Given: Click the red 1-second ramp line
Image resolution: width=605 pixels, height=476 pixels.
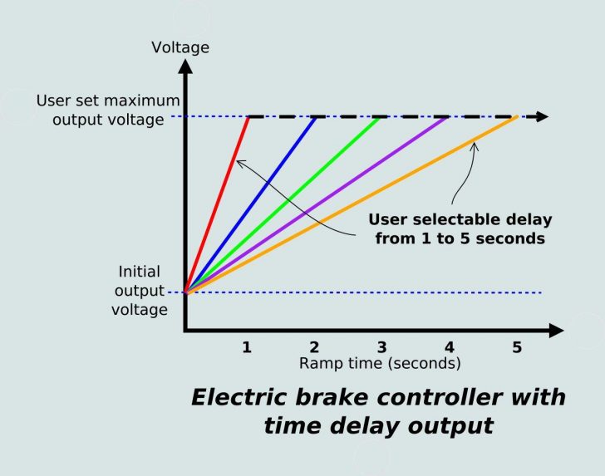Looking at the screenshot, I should [218, 204].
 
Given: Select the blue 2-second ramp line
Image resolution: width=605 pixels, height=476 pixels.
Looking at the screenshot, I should [250, 204].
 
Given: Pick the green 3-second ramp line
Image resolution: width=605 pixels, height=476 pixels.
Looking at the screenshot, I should [283, 204].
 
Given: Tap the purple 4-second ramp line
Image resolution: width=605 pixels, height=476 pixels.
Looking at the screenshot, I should [317, 204].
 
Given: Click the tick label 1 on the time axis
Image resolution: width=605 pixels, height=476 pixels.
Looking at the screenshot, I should [247, 348].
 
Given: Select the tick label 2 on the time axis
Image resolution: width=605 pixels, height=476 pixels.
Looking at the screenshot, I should [314, 348].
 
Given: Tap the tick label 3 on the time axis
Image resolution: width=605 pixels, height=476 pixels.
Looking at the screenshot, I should [381, 348].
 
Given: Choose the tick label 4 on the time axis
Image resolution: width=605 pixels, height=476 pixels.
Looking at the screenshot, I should [449, 348].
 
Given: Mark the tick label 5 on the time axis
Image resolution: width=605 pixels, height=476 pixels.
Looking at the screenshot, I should [517, 348].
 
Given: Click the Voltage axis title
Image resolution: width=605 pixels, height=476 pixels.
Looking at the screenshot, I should [180, 47].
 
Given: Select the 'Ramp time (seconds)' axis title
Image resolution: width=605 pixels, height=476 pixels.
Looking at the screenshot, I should [380, 364].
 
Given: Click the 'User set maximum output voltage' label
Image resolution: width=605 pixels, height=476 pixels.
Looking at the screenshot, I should [101, 111].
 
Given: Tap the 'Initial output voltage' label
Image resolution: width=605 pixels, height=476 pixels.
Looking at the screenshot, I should [139, 290].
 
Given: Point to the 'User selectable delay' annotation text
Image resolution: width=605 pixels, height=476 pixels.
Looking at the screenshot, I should [460, 229].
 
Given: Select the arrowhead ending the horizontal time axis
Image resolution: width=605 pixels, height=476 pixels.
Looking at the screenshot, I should [551, 331].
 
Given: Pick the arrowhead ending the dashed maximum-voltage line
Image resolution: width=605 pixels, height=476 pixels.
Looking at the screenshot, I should [541, 116].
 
